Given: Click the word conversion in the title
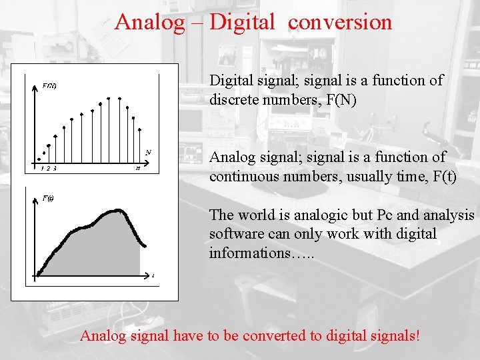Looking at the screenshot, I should [340, 22].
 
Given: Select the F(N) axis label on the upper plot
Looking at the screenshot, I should [49, 85].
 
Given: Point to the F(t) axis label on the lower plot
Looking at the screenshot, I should [48, 198].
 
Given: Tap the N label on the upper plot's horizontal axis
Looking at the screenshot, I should [148, 152].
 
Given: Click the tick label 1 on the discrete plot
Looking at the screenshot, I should [42, 169].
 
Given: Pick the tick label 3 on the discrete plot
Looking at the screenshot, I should [55, 169].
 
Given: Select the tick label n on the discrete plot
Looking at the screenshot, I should [138, 169].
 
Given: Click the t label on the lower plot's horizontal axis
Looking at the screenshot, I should [153, 275].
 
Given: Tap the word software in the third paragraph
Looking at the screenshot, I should [234, 234].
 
